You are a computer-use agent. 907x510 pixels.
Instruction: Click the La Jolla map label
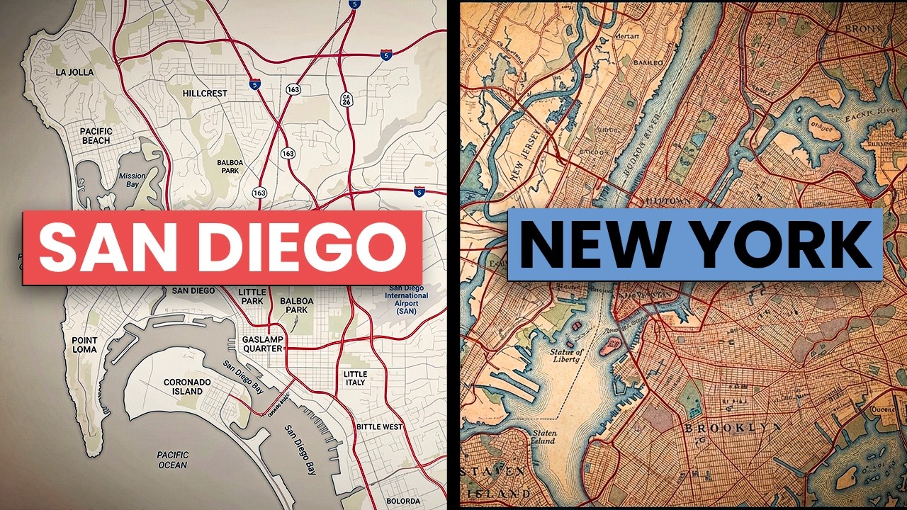point(74,72)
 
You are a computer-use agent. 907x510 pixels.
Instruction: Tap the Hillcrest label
point(205,93)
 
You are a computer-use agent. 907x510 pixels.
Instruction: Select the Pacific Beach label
point(96,136)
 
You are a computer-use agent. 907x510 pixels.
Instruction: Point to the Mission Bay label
point(132,181)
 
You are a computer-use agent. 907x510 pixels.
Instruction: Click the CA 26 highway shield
point(347,100)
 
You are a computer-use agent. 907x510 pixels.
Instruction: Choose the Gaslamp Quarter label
point(263,344)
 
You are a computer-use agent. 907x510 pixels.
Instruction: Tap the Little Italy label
point(355,378)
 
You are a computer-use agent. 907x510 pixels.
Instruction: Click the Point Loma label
point(85,345)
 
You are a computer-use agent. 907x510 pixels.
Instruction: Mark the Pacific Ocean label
point(172,460)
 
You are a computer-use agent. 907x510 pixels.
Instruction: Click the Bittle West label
point(379,427)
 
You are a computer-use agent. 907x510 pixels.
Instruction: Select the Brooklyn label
point(733,428)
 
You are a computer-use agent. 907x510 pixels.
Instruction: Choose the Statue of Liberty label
point(566,356)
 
